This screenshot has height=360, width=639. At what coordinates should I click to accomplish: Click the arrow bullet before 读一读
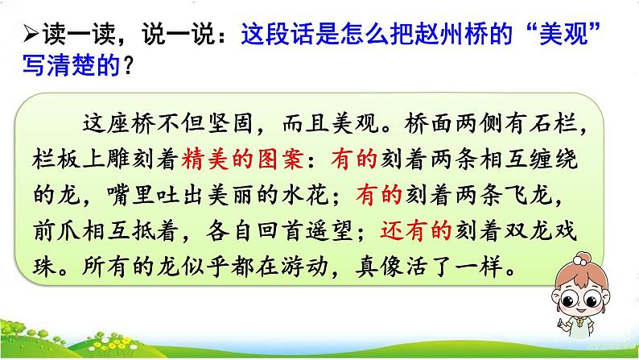30,35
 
